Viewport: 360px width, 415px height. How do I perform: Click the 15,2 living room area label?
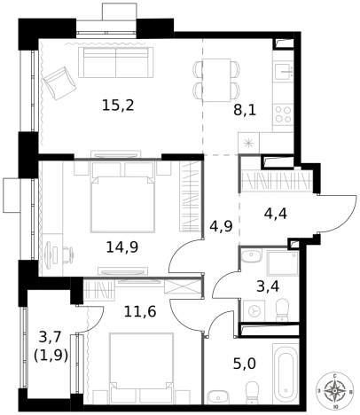pos(118,106)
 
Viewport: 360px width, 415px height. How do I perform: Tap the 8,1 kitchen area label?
pos(245,111)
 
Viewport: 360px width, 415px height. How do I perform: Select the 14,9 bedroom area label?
pos(122,247)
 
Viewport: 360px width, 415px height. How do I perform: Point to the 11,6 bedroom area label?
pos(140,311)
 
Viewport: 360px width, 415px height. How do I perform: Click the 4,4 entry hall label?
pos(276,214)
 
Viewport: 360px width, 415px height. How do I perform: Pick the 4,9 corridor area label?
pos(221,226)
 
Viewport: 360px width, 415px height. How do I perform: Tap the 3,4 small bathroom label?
pos(268,286)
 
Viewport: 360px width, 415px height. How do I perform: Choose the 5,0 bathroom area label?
pos(245,364)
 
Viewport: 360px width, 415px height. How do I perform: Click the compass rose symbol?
pos(334,391)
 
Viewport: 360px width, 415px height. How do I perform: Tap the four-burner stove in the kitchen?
pos(283,114)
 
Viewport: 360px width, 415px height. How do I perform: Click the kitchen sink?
pos(284,71)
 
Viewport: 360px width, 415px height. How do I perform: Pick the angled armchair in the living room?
pos(59,83)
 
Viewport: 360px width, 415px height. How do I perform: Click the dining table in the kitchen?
pos(216,81)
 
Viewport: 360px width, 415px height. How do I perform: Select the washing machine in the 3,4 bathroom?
pos(254,310)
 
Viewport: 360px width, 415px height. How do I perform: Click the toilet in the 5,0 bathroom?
pos(252,393)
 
